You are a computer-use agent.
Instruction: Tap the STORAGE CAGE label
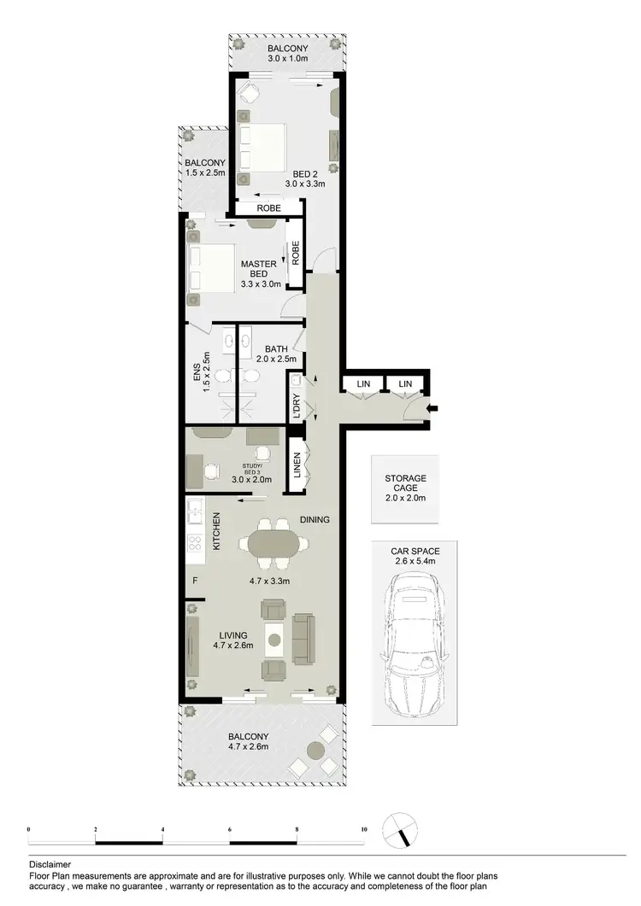(405, 485)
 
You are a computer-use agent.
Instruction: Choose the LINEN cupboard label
(297, 468)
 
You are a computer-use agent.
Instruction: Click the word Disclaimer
(50, 864)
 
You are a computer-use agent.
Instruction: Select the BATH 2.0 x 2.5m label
(276, 355)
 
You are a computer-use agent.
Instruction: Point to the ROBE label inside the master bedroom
(295, 254)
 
